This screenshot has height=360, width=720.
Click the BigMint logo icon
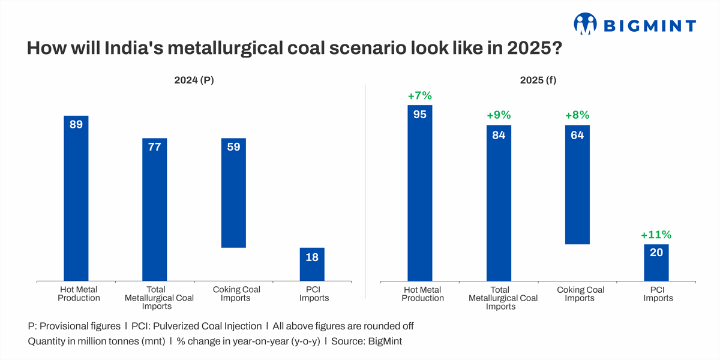point(586,25)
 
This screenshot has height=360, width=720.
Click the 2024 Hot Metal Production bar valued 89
point(76,198)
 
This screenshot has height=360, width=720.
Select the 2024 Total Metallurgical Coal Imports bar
point(154,209)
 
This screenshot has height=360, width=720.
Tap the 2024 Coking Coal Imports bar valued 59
point(233,193)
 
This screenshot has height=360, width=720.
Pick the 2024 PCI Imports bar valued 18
point(312,264)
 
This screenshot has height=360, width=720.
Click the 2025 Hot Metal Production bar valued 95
point(419,193)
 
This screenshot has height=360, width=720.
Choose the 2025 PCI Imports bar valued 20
point(656,262)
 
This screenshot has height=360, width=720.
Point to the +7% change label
point(419,95)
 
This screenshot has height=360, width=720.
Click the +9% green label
point(499,115)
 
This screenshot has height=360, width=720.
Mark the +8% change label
point(577,115)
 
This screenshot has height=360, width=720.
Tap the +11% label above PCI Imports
point(656,235)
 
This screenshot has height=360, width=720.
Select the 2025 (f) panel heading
point(542,80)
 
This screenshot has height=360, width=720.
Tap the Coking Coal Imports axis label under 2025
point(581,293)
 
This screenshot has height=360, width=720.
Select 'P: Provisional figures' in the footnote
point(74,326)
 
